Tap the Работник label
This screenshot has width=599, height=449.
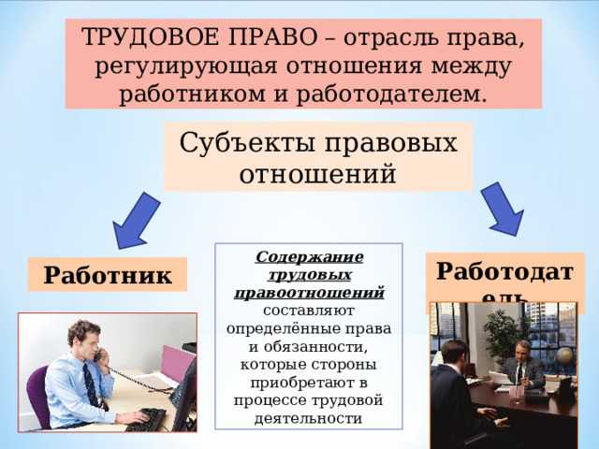point(107,275)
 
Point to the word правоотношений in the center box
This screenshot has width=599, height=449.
point(309,293)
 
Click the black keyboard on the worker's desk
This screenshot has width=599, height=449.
point(146,420)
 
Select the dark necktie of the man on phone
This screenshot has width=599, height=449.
point(91,384)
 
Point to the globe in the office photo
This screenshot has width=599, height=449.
point(564,358)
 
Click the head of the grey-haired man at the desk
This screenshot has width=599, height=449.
point(521,349)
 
